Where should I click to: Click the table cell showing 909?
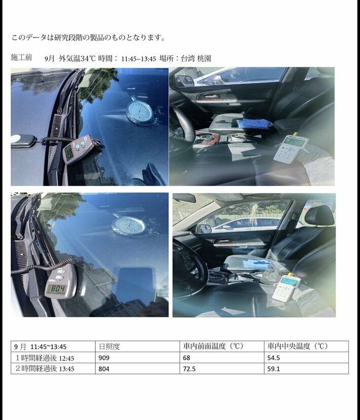(137, 358)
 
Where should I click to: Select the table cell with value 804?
(137, 368)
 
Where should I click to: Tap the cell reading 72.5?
(222, 368)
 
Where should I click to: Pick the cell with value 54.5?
(306, 358)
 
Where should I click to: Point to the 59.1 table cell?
(306, 368)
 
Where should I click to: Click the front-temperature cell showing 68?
(222, 358)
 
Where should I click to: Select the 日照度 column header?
(137, 347)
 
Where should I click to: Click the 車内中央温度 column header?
(306, 347)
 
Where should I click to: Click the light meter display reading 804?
(57, 288)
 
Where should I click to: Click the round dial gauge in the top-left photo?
(139, 112)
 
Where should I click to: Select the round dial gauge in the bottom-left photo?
(128, 226)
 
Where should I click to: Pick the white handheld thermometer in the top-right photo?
(291, 149)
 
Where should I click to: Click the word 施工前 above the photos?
(21, 57)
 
